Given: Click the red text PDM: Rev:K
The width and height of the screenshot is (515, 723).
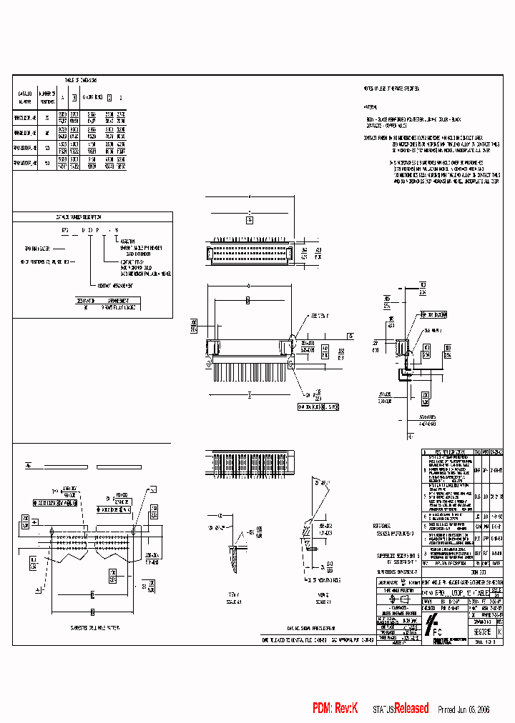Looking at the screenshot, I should tap(334, 708).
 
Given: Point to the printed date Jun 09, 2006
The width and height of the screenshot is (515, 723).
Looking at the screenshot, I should tap(474, 709).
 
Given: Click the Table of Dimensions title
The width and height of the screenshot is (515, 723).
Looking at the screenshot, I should tap(80, 81).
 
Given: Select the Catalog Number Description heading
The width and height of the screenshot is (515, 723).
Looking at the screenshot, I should tap(79, 216).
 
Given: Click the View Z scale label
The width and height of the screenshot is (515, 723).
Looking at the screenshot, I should tap(322, 597).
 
